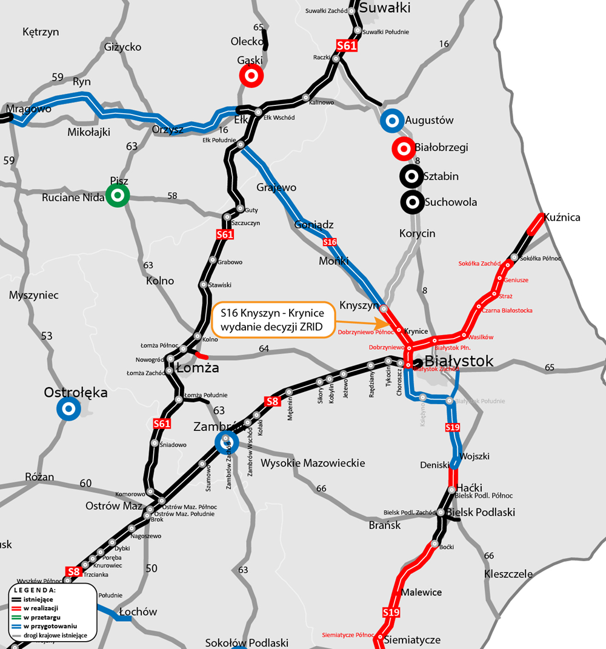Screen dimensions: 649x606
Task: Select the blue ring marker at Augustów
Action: point(392,121)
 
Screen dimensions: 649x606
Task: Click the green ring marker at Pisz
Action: point(117,195)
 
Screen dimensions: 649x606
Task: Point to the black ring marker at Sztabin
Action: point(411,176)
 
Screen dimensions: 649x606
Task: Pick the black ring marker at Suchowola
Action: point(411,202)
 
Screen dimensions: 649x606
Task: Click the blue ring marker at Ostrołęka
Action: point(68,409)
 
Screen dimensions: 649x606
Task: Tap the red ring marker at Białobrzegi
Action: point(403,148)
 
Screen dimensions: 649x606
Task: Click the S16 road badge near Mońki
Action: point(330,242)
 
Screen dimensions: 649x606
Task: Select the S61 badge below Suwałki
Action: point(347,45)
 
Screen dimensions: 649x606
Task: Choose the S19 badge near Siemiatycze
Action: point(391,613)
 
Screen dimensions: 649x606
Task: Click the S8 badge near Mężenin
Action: point(273,401)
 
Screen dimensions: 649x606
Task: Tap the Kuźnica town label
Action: point(562,217)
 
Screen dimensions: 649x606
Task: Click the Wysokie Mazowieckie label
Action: point(313,463)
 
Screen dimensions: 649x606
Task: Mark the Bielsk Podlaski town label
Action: point(481,512)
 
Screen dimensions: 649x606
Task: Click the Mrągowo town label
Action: point(28,109)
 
